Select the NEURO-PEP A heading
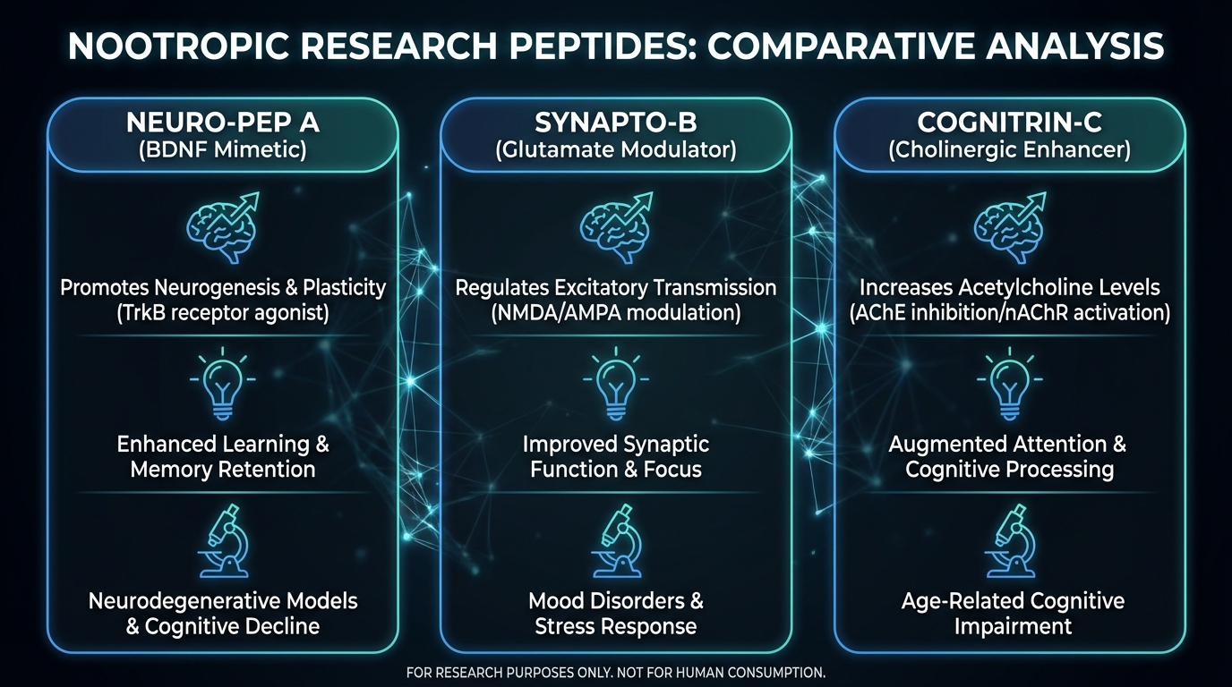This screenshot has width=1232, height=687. [223, 123]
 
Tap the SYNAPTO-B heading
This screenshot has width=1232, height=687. [616, 123]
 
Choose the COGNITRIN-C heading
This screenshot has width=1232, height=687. [1009, 123]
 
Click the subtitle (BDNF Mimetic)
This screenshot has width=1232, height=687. [223, 149]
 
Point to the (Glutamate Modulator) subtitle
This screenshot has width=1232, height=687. [616, 149]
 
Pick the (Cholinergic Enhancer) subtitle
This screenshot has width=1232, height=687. [1009, 149]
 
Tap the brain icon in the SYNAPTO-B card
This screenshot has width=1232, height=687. [616, 228]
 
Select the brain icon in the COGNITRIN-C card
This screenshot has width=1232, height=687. [1009, 228]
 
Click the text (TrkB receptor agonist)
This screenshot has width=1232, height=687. [223, 314]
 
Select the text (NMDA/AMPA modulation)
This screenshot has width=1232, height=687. [616, 314]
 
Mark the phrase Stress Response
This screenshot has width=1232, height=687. [616, 626]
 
